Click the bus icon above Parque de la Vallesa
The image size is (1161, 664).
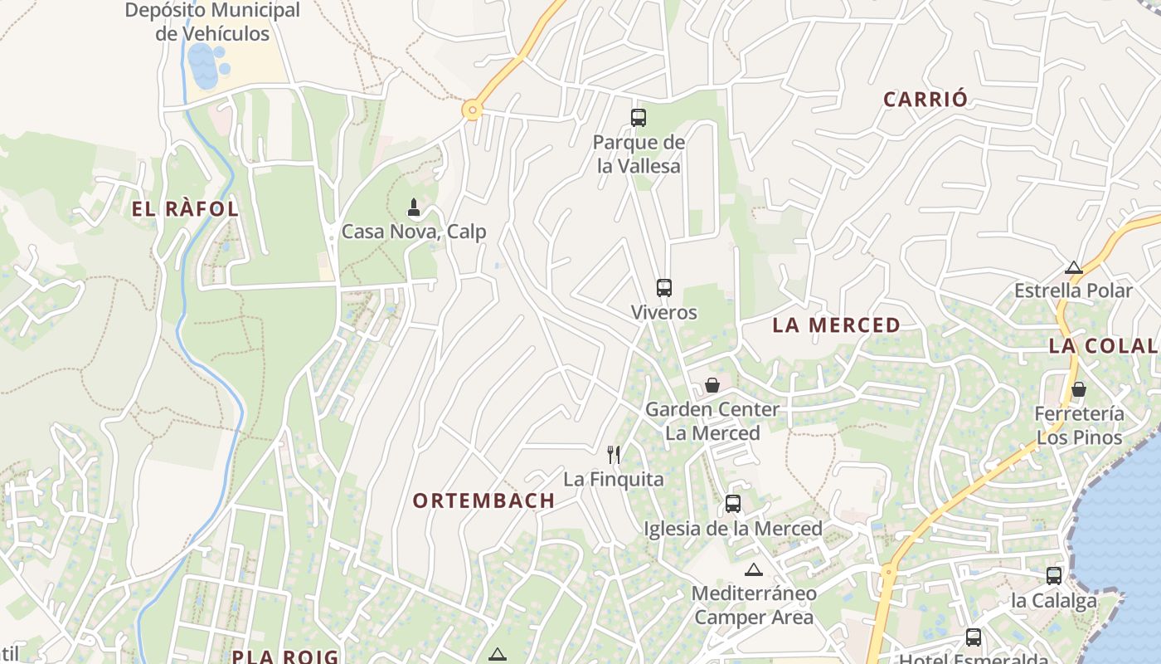tap(638, 118)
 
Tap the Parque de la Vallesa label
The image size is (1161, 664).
tap(639, 154)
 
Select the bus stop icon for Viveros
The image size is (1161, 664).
tap(663, 288)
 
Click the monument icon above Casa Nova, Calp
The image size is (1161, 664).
tap(414, 207)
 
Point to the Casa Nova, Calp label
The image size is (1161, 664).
tap(414, 232)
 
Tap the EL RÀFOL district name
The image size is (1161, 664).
tap(186, 209)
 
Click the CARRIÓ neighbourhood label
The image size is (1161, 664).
tap(925, 100)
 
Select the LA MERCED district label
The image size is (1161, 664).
tap(836, 325)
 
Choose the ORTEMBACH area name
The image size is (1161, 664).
tap(483, 500)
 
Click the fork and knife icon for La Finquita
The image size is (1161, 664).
tap(614, 454)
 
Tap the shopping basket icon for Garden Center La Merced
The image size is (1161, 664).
tap(712, 385)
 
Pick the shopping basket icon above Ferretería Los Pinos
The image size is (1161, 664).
tap(1079, 389)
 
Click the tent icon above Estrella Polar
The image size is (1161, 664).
tap(1074, 267)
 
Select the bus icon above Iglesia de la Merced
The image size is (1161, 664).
tap(732, 503)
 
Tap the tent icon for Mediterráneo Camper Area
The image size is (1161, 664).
tap(753, 569)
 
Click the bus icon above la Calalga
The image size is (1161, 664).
tap(1053, 575)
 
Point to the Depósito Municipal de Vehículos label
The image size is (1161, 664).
tap(212, 22)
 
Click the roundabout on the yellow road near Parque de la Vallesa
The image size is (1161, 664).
tap(473, 109)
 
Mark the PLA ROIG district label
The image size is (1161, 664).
tap(285, 657)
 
